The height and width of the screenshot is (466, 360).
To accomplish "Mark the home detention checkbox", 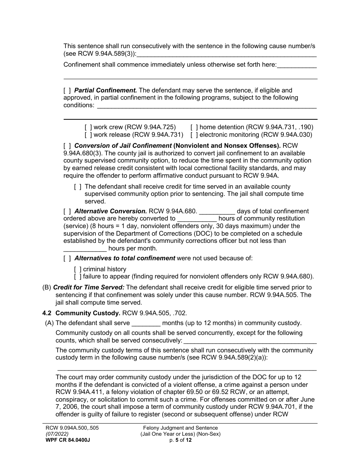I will (194, 127).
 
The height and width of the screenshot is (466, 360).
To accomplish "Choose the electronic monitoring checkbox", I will (194, 134).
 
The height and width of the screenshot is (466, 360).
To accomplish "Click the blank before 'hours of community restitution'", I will (197, 219).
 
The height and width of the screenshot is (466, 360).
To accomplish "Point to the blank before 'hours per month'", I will (85, 249).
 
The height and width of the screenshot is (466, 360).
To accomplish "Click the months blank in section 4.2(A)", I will (146, 324).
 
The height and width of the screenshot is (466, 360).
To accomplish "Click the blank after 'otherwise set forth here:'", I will (297, 65).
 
